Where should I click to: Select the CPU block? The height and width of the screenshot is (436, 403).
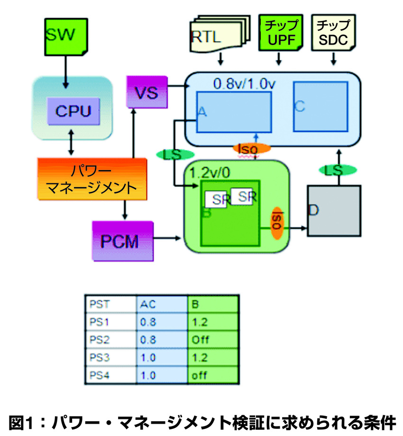(73, 112)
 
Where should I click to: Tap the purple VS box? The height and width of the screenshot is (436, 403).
(147, 91)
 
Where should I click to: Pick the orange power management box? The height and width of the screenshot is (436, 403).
(91, 178)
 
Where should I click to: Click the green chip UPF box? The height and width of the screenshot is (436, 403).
(281, 33)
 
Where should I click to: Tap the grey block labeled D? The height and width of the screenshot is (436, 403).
(333, 210)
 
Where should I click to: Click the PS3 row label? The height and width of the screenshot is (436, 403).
(110, 358)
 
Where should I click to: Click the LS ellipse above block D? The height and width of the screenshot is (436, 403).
(337, 170)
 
